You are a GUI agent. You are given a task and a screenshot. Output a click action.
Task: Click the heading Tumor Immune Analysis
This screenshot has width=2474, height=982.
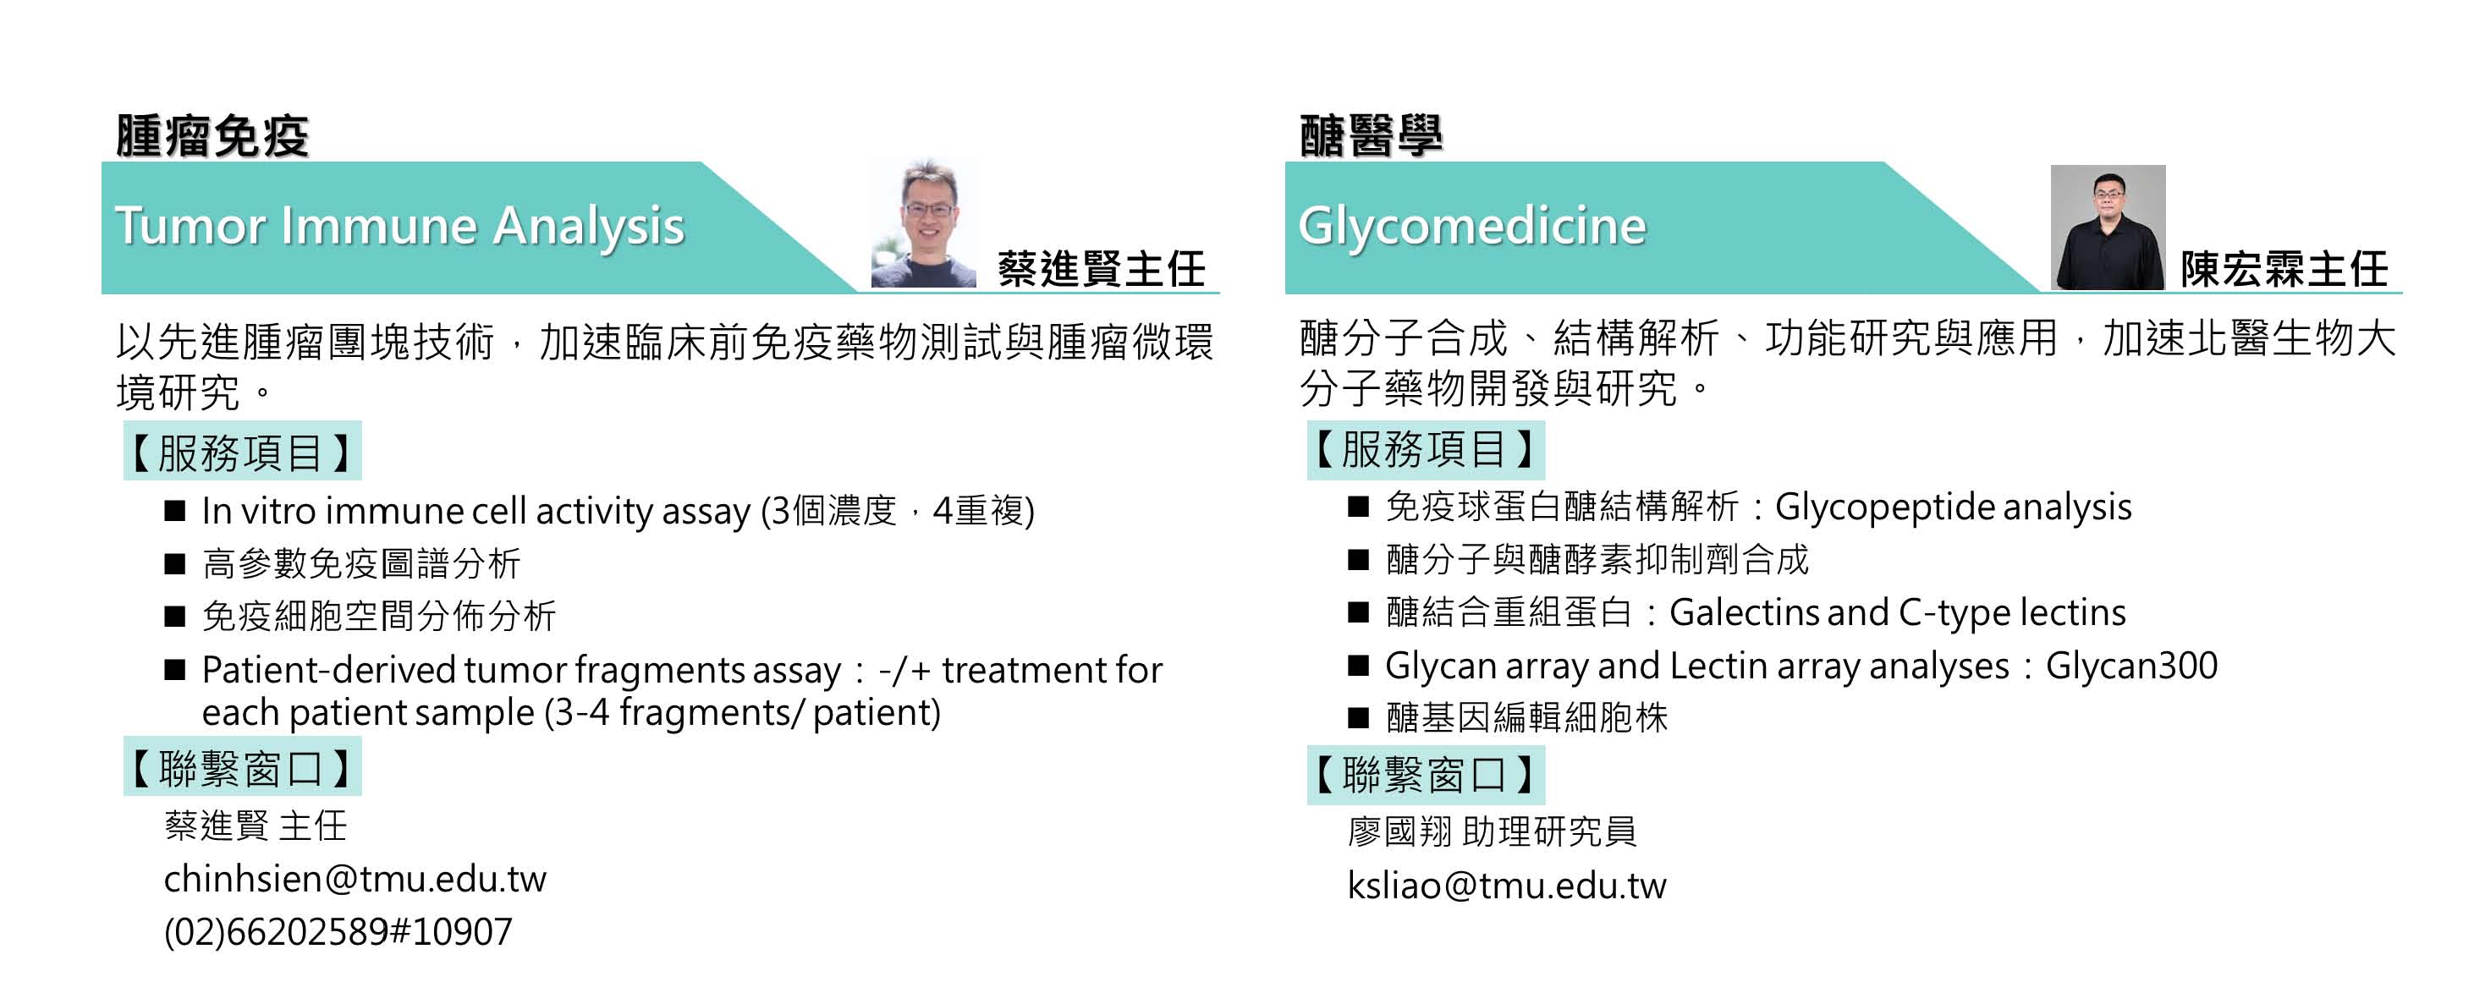coord(399,227)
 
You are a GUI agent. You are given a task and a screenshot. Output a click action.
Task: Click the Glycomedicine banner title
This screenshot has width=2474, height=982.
coord(1471,227)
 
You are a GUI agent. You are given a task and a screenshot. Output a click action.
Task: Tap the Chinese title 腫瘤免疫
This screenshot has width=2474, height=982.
coord(212,135)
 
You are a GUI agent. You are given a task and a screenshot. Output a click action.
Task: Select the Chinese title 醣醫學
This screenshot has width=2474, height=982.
coord(1371,135)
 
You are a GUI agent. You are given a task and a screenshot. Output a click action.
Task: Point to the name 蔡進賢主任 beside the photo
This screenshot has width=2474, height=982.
coord(1101,269)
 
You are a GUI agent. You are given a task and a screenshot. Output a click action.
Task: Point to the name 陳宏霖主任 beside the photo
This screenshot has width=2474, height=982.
coord(2283,269)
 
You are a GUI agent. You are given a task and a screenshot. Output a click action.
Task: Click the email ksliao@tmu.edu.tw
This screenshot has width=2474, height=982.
coord(1506,885)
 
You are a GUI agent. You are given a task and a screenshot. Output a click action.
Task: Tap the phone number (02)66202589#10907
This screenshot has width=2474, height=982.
coord(338,932)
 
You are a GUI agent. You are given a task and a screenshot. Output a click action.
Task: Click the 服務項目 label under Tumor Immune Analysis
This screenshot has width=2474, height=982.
coord(242,451)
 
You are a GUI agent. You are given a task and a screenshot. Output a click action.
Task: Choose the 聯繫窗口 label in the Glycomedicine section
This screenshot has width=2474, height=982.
coord(1425,775)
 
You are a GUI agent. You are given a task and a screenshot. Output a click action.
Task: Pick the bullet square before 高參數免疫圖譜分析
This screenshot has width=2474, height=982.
coord(175,563)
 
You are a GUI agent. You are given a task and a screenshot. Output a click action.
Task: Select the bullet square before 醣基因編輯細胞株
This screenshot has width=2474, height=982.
coord(1358,717)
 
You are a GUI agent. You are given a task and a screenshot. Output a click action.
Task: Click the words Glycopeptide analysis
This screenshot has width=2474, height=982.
coord(1953,507)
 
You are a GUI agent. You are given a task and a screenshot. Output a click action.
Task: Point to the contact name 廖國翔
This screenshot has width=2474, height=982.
coord(1399,831)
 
